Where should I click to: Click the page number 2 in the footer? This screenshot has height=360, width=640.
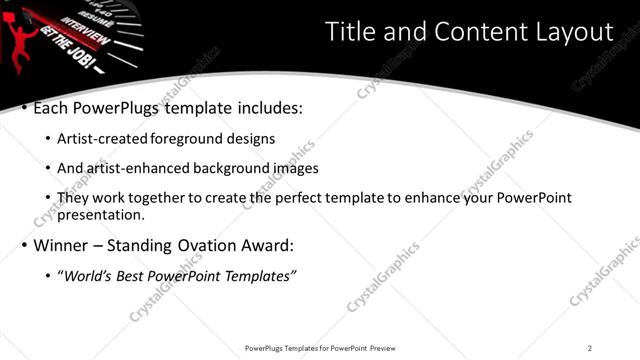click(589, 348)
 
